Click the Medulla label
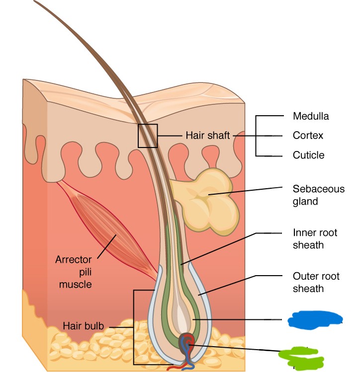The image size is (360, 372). (310, 117)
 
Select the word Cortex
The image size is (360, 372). (308, 136)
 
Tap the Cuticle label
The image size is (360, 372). (308, 155)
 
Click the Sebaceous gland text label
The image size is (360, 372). (318, 195)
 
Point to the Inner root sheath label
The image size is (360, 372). (315, 238)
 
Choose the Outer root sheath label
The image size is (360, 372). (316, 282)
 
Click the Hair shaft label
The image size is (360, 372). (208, 135)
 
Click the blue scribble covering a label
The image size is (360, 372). (314, 320)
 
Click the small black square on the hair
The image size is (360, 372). (148, 136)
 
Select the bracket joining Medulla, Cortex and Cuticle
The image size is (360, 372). (256, 136)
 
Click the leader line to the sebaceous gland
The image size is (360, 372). (249, 191)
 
